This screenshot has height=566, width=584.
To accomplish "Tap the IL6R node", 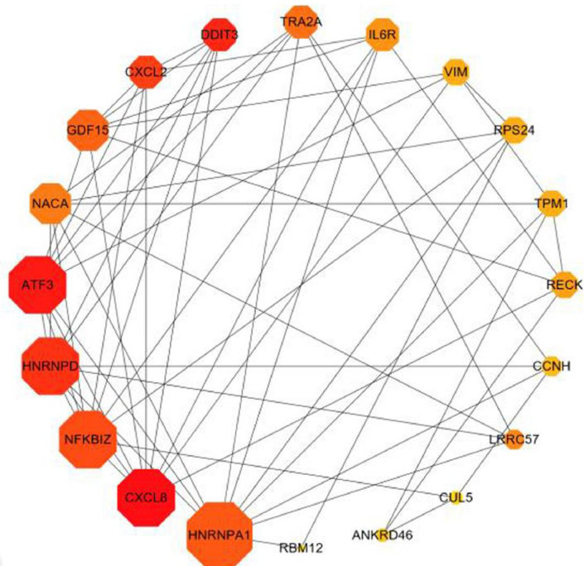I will click(383, 36).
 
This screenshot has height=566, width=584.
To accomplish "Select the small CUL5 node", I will click(454, 497).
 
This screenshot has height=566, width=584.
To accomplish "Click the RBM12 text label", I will click(300, 545).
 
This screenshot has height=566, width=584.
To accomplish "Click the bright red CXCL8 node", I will click(147, 497).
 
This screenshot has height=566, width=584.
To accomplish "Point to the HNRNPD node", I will click(51, 365).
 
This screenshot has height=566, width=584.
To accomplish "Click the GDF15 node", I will click(88, 130).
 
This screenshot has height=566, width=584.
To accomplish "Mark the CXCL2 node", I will click(147, 71).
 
